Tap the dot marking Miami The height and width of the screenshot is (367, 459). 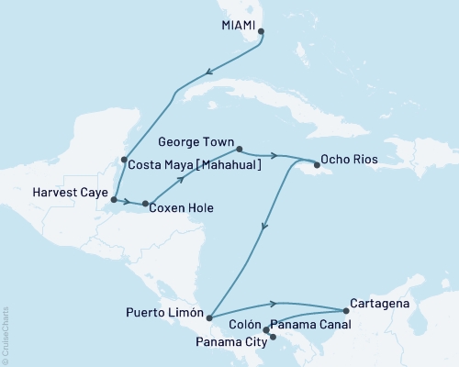click(x=262, y=31)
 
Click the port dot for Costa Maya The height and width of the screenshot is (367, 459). click(x=124, y=160)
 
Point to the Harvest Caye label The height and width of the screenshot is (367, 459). click(x=70, y=193)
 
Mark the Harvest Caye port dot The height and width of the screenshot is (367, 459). click(x=114, y=198)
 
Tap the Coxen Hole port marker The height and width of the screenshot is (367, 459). click(x=145, y=203)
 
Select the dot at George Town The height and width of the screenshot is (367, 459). click(x=239, y=149)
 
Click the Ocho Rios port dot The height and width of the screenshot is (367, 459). click(x=318, y=165)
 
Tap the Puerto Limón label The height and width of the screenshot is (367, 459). click(x=163, y=312)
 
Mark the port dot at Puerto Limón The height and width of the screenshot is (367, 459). click(x=210, y=317)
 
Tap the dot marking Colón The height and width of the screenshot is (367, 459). click(x=266, y=329)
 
